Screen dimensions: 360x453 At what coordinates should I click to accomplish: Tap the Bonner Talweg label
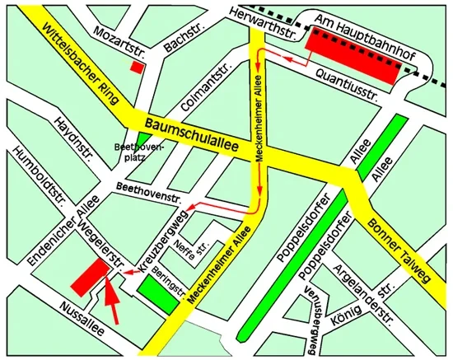click(x=395, y=235)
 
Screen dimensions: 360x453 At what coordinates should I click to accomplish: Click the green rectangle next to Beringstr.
click(x=158, y=293)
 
